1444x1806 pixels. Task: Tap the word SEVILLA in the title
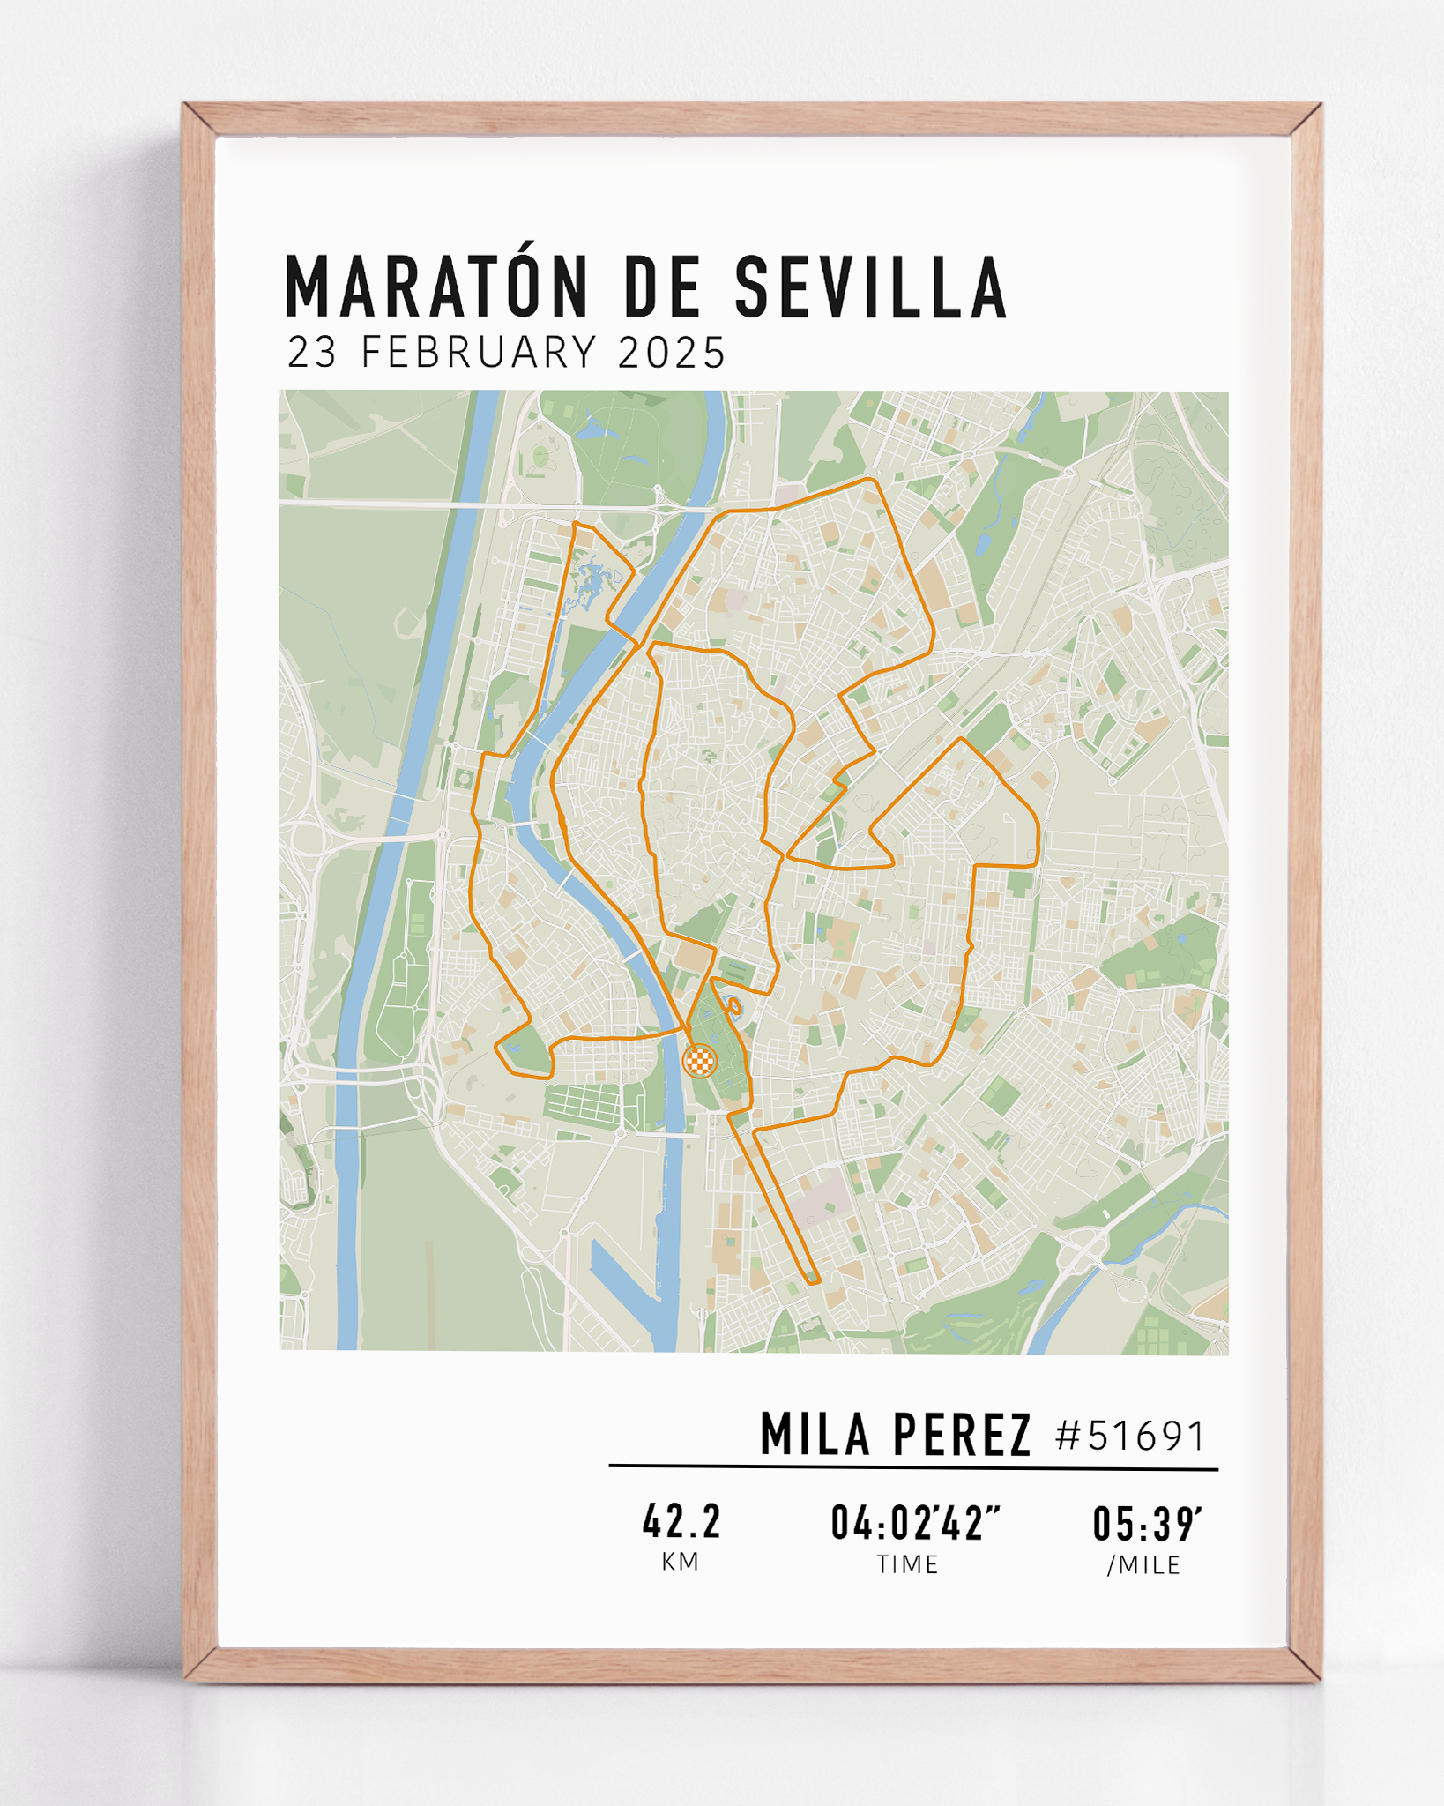tap(870, 287)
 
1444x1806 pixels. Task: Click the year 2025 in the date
tap(672, 352)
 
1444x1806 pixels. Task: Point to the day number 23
tap(312, 352)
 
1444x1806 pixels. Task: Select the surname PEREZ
tap(962, 1435)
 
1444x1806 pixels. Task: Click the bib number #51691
tap(1130, 1436)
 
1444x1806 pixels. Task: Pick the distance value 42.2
tap(681, 1523)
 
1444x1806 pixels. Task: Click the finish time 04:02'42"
tap(915, 1523)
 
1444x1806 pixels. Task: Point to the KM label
tap(681, 1562)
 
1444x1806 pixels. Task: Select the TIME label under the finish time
tap(907, 1564)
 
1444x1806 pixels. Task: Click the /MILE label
tap(1144, 1565)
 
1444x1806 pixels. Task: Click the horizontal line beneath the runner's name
tap(912, 1467)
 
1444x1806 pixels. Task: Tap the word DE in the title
tap(661, 287)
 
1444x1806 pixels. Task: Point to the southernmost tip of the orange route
tap(813, 1280)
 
